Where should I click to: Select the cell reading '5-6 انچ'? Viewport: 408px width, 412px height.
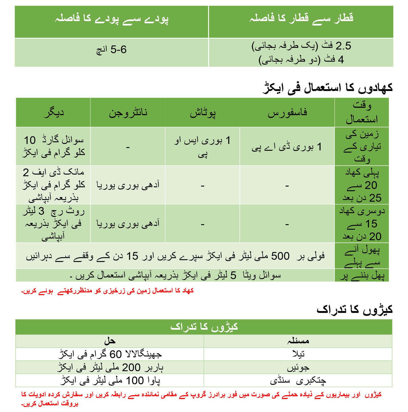coord(111,50)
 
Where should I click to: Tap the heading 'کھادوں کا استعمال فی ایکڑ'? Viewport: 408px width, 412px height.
coord(327,88)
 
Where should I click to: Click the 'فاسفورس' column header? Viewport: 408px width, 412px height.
coord(287,113)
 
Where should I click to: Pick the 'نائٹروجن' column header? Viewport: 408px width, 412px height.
coord(128,113)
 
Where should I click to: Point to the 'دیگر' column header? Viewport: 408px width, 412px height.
coord(54,113)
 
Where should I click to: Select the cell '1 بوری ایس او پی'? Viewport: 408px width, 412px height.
coord(202,147)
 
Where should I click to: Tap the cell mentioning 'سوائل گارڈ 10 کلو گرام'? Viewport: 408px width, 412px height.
coord(54,146)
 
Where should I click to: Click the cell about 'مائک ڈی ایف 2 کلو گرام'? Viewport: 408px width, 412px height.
coord(54,185)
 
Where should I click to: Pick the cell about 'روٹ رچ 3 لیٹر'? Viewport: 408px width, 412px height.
coord(54,224)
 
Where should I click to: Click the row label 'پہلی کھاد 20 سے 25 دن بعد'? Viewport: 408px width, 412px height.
coord(362,185)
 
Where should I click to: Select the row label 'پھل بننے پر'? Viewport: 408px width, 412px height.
coord(362,276)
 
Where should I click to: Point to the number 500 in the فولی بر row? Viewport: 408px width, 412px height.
coord(280,256)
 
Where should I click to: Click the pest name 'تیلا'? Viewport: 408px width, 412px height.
coord(298,354)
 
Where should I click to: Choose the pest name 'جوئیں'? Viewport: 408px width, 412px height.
coord(298,368)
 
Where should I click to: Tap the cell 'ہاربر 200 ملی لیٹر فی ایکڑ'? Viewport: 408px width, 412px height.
coord(110,368)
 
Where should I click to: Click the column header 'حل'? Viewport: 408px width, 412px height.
coord(110,341)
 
